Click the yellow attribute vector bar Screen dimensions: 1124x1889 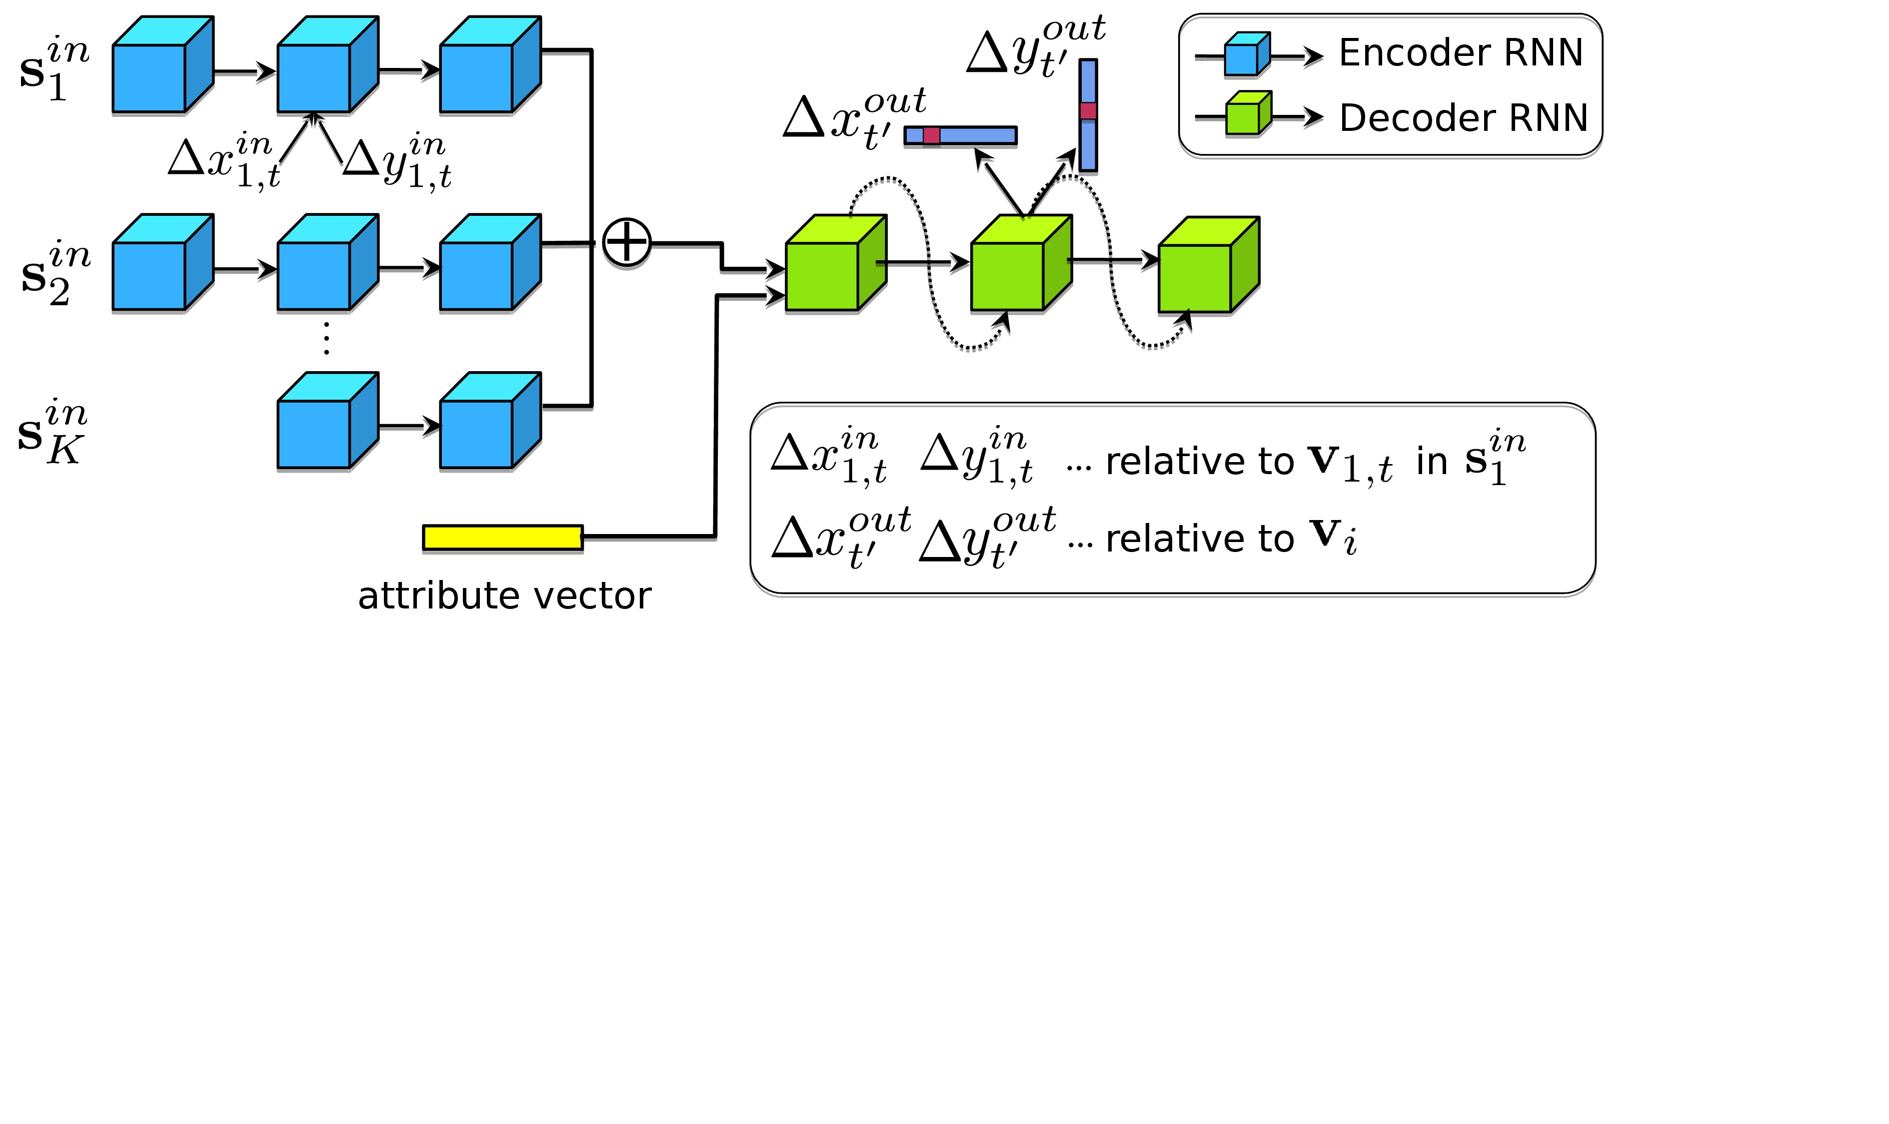tap(502, 537)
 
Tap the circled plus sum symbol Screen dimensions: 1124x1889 tap(626, 242)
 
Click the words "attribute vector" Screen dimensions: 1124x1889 tap(504, 596)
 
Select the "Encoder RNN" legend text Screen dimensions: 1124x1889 tap(1460, 53)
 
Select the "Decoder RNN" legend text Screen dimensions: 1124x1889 tap(1463, 118)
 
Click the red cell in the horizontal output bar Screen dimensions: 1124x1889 tap(931, 135)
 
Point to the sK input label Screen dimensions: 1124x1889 tap(51, 432)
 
